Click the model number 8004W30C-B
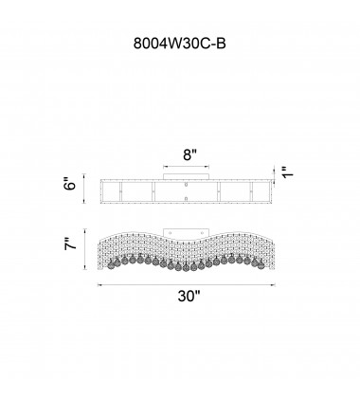[x=180, y=44]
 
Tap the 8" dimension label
[x=189, y=155]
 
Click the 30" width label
[x=189, y=297]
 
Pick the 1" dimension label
[x=288, y=172]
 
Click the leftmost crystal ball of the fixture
[x=111, y=264]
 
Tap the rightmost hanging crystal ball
[x=261, y=265]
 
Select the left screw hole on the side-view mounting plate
[x=171, y=233]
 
